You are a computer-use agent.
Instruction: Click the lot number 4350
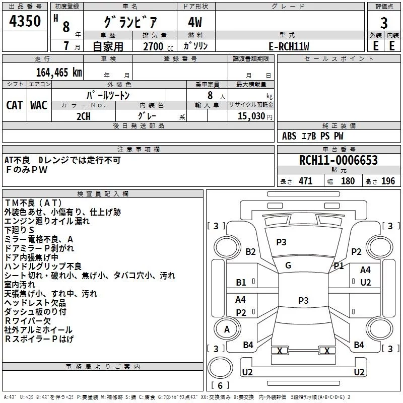(25, 21)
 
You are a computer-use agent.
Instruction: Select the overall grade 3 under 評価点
(384, 23)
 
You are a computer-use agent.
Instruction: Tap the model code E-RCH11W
(289, 46)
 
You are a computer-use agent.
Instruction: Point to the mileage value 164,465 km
(59, 73)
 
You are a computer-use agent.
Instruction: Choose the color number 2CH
(84, 116)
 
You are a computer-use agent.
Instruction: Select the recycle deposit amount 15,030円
(255, 116)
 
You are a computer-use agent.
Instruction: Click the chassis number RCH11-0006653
(339, 160)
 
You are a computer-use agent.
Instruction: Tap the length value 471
(306, 181)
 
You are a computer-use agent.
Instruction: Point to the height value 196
(388, 181)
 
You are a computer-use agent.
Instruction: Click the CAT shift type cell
(15, 105)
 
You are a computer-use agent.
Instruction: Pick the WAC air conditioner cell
(39, 105)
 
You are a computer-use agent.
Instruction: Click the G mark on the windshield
(288, 265)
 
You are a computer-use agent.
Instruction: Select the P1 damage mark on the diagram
(339, 266)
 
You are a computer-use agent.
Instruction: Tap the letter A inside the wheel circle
(227, 329)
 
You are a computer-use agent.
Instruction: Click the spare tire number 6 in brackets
(220, 385)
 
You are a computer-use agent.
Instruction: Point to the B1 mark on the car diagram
(241, 283)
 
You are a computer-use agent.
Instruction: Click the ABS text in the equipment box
(289, 136)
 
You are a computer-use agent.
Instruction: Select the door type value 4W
(195, 22)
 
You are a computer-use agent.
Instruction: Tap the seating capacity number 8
(210, 95)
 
